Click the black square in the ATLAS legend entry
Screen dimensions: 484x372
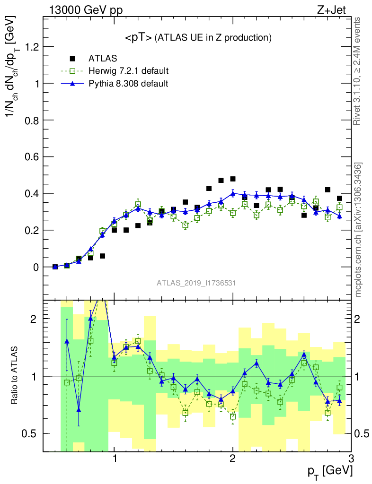click(72, 59)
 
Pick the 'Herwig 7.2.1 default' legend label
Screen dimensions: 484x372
click(129, 71)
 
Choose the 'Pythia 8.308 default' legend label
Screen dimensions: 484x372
click(129, 84)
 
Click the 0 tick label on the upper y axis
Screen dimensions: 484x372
click(36, 267)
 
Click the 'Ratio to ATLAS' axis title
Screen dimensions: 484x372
click(15, 376)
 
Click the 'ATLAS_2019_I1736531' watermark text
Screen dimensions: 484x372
click(196, 283)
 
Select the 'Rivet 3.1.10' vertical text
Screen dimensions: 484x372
click(357, 71)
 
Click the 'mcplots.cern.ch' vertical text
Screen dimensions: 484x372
click(358, 230)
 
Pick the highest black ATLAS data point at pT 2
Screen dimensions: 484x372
click(233, 179)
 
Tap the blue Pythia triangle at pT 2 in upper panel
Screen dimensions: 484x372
click(233, 193)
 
